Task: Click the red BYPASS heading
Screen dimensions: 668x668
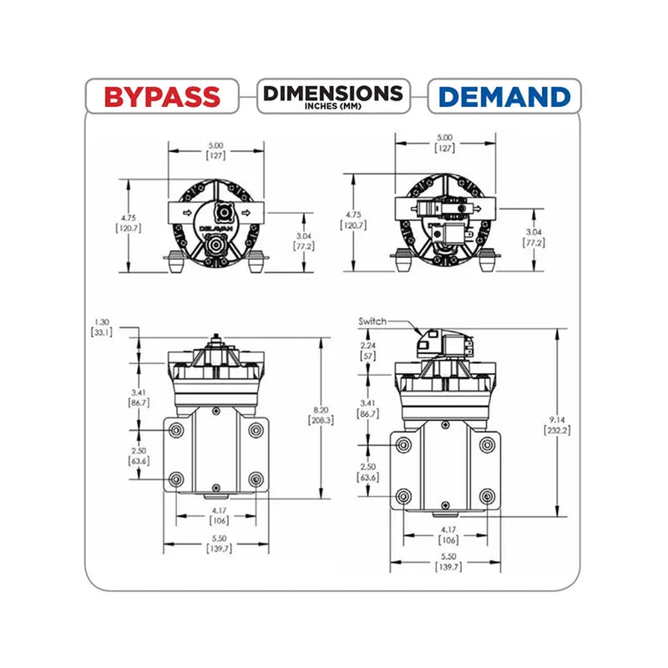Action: pos(162,97)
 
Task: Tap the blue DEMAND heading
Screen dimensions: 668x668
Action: pos(504,97)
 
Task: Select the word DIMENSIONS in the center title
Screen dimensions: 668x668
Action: pos(333,94)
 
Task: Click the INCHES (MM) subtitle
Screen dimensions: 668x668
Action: pos(333,106)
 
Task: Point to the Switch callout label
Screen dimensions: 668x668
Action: pos(372,321)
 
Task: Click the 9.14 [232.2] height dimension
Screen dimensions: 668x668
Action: pos(557,425)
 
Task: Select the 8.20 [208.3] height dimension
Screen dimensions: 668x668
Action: pos(321,415)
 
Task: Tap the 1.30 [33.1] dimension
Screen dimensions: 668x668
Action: pos(102,327)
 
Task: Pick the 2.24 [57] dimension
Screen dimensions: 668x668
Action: pos(367,351)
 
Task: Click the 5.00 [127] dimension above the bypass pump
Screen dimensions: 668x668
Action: pos(216,150)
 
